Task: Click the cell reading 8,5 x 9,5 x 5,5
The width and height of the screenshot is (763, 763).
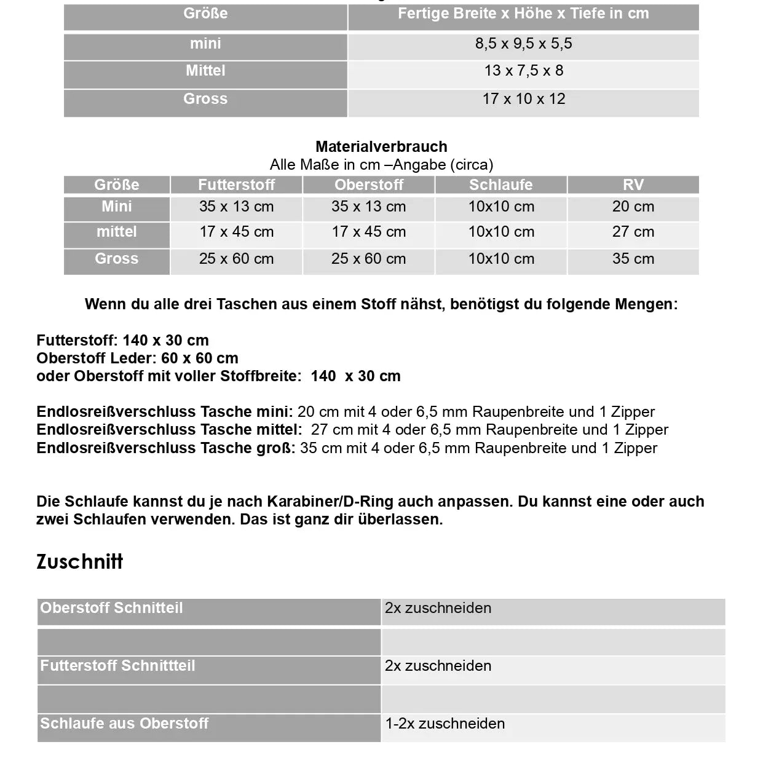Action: click(x=523, y=44)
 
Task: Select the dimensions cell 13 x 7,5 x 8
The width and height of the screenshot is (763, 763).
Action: click(x=523, y=71)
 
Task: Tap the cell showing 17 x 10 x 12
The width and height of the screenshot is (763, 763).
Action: click(x=523, y=99)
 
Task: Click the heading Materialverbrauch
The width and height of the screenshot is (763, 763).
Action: click(x=381, y=147)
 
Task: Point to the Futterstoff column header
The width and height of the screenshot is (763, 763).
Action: click(x=236, y=185)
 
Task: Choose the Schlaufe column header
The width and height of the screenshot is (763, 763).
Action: click(x=500, y=185)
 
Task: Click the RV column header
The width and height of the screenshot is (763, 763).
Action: click(x=633, y=185)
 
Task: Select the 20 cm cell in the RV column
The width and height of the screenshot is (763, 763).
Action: click(x=633, y=207)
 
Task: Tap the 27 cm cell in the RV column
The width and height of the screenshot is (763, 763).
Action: click(x=633, y=232)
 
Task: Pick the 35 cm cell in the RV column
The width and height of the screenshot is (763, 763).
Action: click(x=633, y=259)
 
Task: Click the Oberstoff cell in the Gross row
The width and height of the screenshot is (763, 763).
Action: click(x=368, y=259)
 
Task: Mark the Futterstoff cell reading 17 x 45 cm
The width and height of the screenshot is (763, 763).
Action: click(x=236, y=232)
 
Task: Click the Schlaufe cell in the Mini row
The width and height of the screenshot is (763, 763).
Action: click(x=500, y=207)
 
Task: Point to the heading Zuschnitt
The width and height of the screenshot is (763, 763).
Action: click(x=80, y=561)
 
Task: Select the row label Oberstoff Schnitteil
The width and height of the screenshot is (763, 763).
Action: click(x=111, y=608)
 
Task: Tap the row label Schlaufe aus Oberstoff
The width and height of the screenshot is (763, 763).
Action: click(x=124, y=724)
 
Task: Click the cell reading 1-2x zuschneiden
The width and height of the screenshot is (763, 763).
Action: click(x=445, y=724)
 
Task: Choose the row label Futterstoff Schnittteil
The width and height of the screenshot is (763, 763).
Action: click(x=117, y=666)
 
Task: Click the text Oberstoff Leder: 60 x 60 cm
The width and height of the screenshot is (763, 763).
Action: click(x=137, y=358)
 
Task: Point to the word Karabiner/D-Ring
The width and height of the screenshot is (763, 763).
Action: click(x=330, y=502)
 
